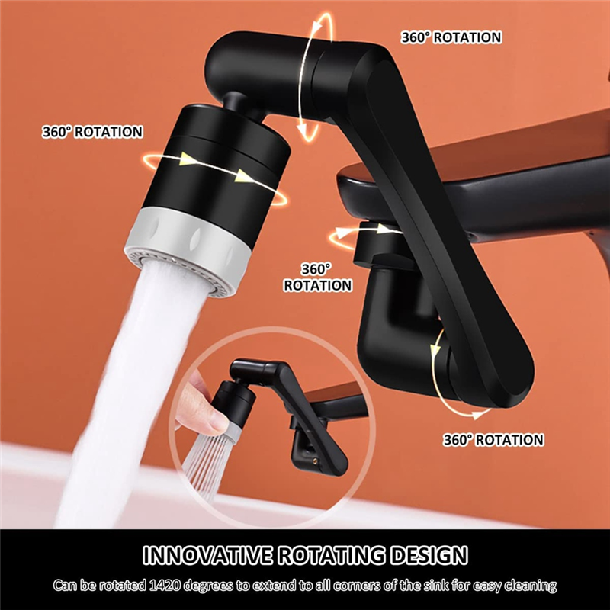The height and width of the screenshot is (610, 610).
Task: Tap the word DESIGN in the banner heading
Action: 429,555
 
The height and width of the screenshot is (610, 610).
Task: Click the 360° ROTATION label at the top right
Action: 451,37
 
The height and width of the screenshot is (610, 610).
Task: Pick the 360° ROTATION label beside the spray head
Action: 92,132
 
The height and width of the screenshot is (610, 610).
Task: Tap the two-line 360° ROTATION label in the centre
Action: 317,278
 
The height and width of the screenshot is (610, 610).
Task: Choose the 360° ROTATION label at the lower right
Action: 493,440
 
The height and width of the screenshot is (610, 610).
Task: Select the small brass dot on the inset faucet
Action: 315,461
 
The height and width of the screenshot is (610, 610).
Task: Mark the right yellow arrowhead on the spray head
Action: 245,176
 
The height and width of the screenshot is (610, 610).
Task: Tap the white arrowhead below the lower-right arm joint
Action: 476,414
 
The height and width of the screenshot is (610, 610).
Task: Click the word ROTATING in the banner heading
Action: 332,555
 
